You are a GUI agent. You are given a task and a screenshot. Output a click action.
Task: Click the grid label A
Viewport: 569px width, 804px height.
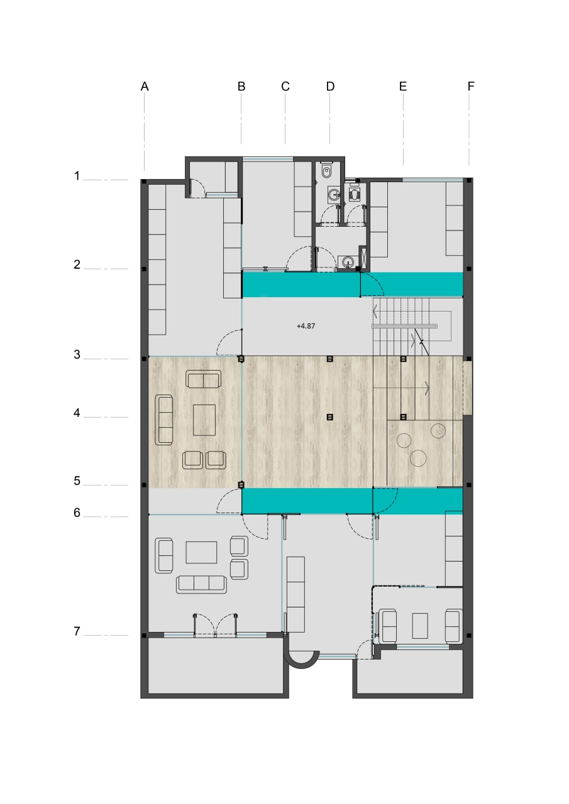(x=145, y=87)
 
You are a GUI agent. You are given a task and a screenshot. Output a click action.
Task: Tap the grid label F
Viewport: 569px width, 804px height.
(x=471, y=87)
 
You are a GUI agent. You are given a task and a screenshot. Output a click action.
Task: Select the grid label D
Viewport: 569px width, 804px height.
(x=330, y=87)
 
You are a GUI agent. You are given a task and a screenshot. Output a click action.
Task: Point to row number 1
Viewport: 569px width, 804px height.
(x=77, y=176)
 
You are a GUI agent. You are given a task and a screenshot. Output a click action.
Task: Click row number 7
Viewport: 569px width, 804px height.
(x=77, y=631)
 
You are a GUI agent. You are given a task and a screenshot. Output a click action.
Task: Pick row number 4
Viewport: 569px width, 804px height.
(x=77, y=413)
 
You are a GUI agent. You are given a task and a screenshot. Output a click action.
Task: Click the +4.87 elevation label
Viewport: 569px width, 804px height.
(x=306, y=326)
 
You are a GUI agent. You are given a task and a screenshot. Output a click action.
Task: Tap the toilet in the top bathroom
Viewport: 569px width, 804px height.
(x=326, y=171)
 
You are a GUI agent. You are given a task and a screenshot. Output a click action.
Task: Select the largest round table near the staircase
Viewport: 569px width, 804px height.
(x=418, y=459)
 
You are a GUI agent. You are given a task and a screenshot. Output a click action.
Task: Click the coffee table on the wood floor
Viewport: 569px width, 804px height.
(x=204, y=420)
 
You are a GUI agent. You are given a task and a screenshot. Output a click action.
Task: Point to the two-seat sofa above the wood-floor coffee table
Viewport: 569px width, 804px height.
(x=203, y=379)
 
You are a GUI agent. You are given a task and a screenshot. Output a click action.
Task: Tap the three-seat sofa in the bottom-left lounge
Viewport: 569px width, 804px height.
(x=201, y=585)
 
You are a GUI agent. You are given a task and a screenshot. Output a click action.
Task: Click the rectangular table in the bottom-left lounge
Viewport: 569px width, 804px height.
(x=201, y=552)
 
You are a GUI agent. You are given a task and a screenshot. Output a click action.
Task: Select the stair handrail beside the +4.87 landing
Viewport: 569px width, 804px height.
(x=404, y=326)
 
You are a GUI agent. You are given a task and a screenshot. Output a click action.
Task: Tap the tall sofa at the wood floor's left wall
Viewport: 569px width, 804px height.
(x=164, y=420)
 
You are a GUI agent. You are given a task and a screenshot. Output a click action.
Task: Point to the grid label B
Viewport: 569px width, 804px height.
(x=241, y=87)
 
